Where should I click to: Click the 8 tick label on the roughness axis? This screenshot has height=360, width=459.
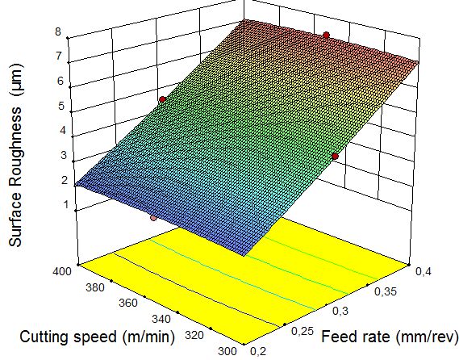click(58, 31)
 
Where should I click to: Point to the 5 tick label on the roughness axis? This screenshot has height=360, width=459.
click(61, 106)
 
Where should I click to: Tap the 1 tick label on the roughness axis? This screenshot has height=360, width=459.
click(65, 205)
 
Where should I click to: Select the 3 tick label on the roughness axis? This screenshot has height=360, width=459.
click(64, 155)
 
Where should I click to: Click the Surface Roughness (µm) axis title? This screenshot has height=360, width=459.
click(15, 155)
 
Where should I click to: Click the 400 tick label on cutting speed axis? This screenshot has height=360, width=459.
click(62, 271)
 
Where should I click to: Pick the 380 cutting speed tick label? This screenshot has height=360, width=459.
click(95, 287)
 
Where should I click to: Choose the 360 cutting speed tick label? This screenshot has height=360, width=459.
click(128, 303)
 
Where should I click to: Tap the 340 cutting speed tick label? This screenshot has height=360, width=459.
click(161, 319)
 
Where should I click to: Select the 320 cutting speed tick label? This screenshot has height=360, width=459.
click(194, 335)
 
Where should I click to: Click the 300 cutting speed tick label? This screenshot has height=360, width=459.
click(227, 351)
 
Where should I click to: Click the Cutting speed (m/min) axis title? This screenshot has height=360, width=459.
click(97, 337)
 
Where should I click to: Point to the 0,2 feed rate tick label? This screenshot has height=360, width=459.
click(258, 351)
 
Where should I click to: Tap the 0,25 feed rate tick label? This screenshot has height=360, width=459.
click(303, 331)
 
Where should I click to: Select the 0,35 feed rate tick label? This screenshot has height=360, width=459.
click(386, 291)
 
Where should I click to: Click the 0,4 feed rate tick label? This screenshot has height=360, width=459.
click(424, 271)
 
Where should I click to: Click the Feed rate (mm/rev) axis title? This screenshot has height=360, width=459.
click(390, 337)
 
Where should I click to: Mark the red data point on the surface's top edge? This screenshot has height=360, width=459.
click(326, 36)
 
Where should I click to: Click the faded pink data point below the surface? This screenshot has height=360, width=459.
click(153, 218)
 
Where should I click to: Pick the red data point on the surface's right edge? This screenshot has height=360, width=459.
click(336, 157)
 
